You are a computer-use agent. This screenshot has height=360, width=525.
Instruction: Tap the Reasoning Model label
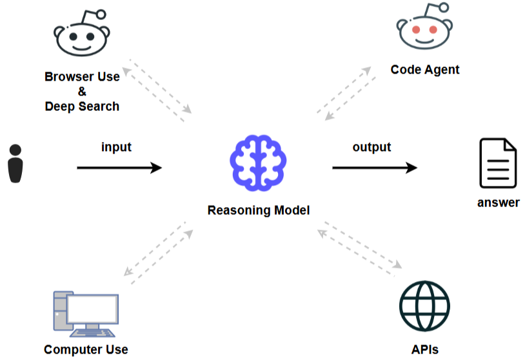pos(258,210)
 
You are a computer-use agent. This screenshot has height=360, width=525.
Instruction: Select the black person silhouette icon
pos(15,164)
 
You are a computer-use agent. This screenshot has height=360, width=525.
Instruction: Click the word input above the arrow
pos(116,147)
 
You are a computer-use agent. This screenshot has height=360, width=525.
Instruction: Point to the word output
pos(371,147)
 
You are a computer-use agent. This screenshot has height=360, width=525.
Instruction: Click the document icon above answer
pos(497,163)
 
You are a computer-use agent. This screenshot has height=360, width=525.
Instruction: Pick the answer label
pos(498,203)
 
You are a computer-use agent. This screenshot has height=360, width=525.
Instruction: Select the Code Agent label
pos(425,70)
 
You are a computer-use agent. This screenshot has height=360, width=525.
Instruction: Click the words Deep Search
pos(82,106)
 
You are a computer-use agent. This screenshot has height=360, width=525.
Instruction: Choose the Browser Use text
pos(82,77)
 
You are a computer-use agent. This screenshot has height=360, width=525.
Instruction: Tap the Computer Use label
pos(86,350)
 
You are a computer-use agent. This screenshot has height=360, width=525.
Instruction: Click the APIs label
pos(424,350)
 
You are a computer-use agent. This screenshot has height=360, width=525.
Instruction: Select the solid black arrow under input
pos(119,168)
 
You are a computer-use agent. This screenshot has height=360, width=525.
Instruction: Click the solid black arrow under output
pos(374,168)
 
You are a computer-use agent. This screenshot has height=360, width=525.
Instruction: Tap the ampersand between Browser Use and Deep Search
pos(82,92)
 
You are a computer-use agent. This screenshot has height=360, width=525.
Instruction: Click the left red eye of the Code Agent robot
pos(415,30)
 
